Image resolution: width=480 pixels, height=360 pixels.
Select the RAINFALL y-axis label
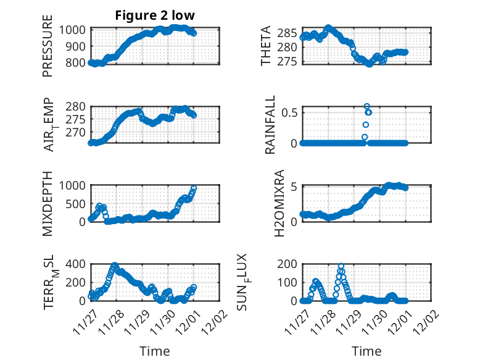(x=270, y=126)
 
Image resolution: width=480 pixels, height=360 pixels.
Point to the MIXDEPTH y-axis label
(x=48, y=203)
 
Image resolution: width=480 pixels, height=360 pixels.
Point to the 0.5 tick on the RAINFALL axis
(x=289, y=112)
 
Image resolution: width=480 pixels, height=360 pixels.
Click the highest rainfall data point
(x=366, y=106)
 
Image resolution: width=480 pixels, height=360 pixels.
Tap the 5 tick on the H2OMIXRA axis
(x=295, y=186)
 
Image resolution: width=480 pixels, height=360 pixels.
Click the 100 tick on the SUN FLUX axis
(x=289, y=282)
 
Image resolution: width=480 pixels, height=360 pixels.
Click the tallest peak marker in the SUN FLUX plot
(x=341, y=266)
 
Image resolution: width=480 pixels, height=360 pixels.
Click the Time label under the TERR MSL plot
(x=155, y=351)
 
